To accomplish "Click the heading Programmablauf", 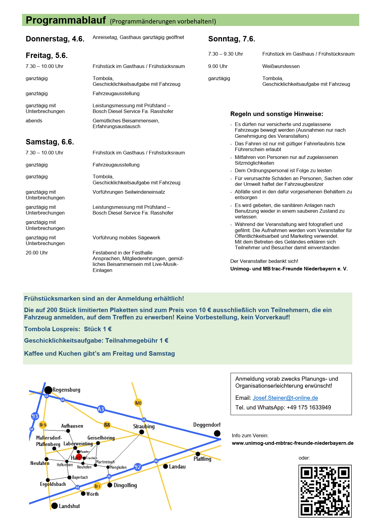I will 66,20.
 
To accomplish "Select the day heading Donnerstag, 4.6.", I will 55,39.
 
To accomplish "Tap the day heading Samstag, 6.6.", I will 50,142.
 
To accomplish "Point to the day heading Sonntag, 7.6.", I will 232,39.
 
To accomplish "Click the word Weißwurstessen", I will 281,66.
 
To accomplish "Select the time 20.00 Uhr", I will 37,253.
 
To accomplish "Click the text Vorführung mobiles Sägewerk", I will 126,238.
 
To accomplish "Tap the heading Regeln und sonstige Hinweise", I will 277,114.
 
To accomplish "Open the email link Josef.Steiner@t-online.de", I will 285,398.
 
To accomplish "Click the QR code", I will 325,491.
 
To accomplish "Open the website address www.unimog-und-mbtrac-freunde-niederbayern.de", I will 292,443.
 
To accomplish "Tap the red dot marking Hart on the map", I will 79,457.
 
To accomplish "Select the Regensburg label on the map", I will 66,390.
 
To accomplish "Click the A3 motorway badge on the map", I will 101,409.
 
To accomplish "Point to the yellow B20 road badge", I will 138,403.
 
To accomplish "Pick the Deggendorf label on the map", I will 207,425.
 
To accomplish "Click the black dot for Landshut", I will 54,506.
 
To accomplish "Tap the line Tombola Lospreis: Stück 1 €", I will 68,329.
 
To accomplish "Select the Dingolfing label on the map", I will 125,485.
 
